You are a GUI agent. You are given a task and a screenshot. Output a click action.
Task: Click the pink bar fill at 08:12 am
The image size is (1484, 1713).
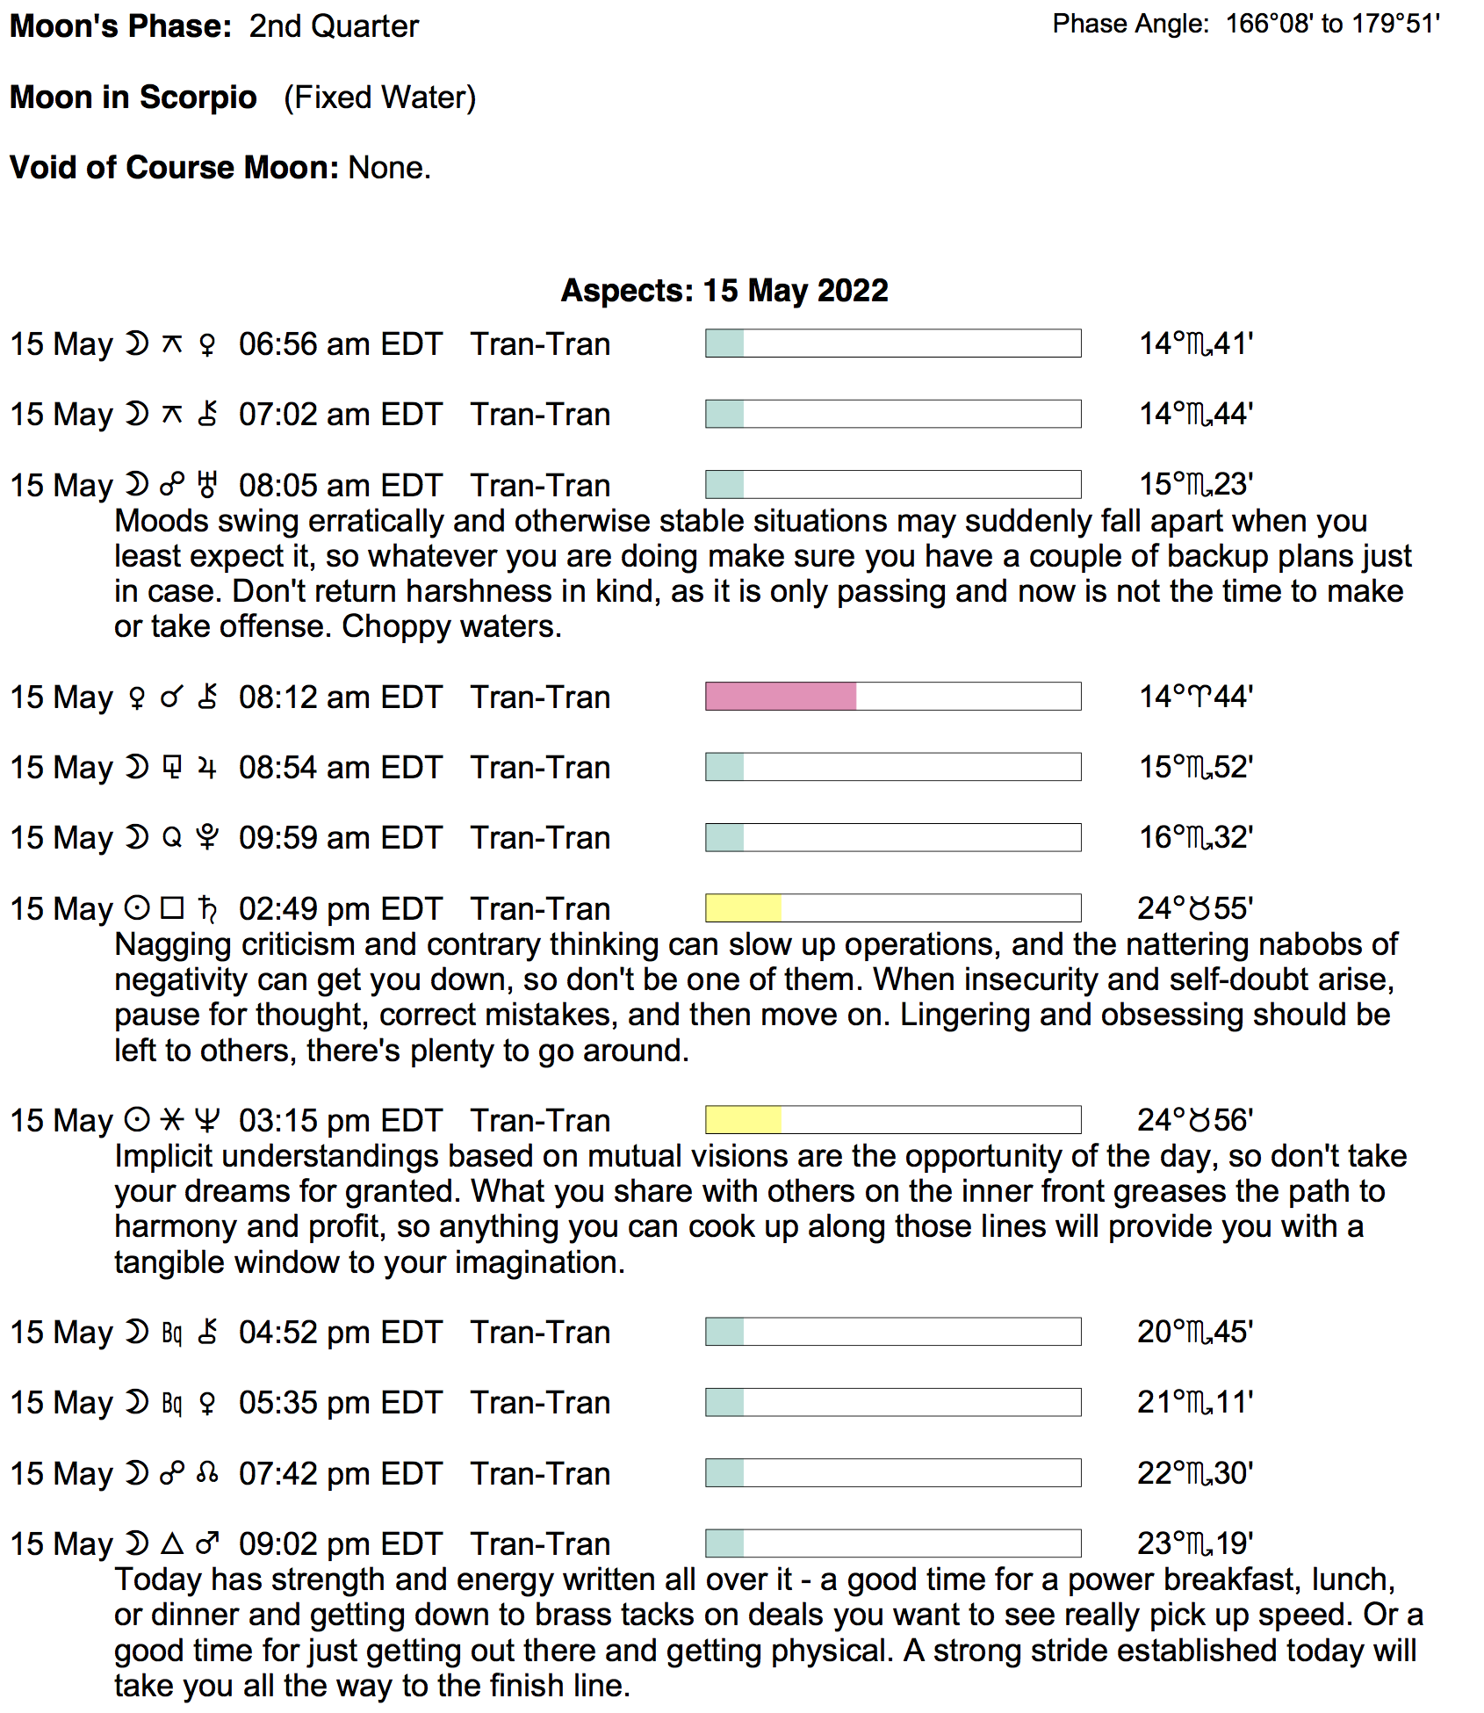(780, 697)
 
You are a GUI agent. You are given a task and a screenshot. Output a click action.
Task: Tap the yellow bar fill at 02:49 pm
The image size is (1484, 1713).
(743, 908)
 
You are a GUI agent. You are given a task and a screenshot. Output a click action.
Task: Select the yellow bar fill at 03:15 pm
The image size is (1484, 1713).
(743, 1120)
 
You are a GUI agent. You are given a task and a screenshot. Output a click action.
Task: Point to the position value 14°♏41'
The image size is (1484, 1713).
(1195, 343)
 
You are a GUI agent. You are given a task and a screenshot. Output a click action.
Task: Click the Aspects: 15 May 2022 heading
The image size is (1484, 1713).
(724, 291)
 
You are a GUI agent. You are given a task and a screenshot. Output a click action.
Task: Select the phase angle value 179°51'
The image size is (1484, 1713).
(1395, 24)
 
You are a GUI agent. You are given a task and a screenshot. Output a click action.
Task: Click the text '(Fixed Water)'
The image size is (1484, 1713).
(379, 98)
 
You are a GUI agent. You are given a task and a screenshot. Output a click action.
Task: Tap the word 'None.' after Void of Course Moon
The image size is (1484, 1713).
(390, 168)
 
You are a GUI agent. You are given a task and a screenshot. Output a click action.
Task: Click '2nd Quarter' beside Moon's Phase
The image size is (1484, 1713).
(334, 26)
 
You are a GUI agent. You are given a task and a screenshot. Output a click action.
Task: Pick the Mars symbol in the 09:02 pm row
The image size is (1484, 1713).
(207, 1543)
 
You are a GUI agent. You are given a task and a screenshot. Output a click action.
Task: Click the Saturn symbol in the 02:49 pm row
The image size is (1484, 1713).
(207, 908)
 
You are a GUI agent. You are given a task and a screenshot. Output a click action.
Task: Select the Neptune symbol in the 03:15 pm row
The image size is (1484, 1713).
(207, 1120)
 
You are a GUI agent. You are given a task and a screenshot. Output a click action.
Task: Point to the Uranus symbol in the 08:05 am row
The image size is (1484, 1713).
(207, 485)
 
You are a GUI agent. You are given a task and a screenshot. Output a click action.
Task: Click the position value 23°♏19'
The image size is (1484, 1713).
(1195, 1543)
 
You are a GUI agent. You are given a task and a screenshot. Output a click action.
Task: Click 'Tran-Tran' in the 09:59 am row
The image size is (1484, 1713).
(540, 838)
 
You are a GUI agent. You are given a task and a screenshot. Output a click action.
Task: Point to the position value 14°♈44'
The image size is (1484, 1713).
(1195, 697)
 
